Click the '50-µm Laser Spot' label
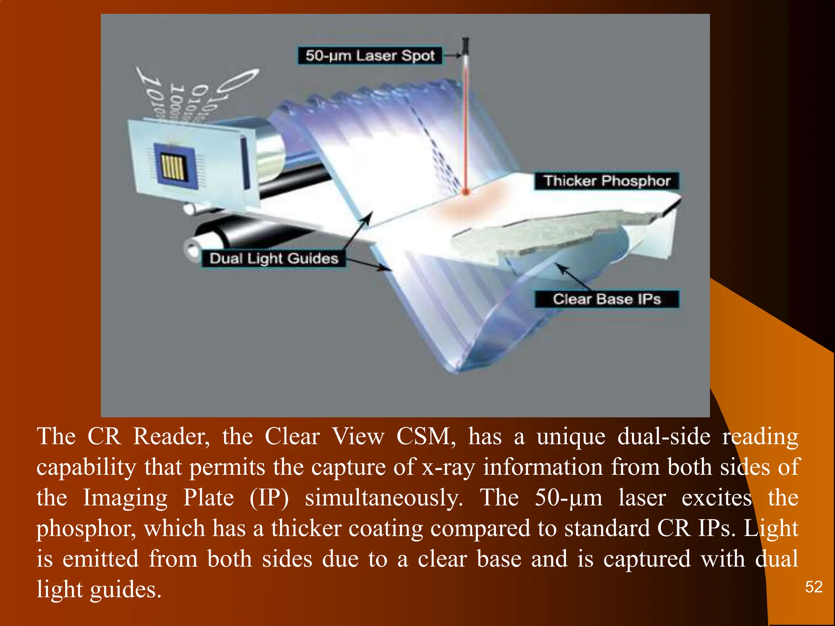[369, 55]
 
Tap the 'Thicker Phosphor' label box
[607, 181]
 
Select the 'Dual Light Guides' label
[274, 258]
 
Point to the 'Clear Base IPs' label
[607, 299]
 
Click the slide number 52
[814, 587]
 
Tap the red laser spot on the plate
[466, 191]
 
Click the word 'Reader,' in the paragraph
[172, 436]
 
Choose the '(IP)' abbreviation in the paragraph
[269, 498]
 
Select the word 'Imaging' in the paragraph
[125, 498]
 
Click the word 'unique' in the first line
[571, 436]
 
